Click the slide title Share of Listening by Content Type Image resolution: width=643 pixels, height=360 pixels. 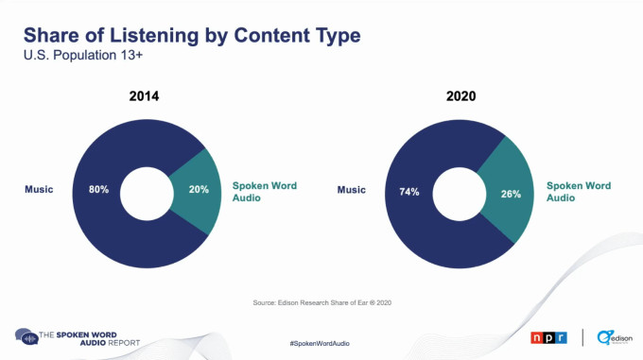tap(192, 37)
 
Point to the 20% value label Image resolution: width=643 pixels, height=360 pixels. tap(198, 190)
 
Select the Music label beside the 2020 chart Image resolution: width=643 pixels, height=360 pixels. tap(352, 191)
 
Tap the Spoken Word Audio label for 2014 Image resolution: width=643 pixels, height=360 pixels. tap(264, 192)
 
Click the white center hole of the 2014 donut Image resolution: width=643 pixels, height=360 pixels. tap(148, 190)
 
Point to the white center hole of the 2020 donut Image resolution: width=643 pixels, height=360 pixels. tap(461, 191)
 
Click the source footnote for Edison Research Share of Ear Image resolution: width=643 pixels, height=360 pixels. tap(321, 302)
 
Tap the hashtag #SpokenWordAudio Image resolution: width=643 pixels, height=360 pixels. tap(320, 342)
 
